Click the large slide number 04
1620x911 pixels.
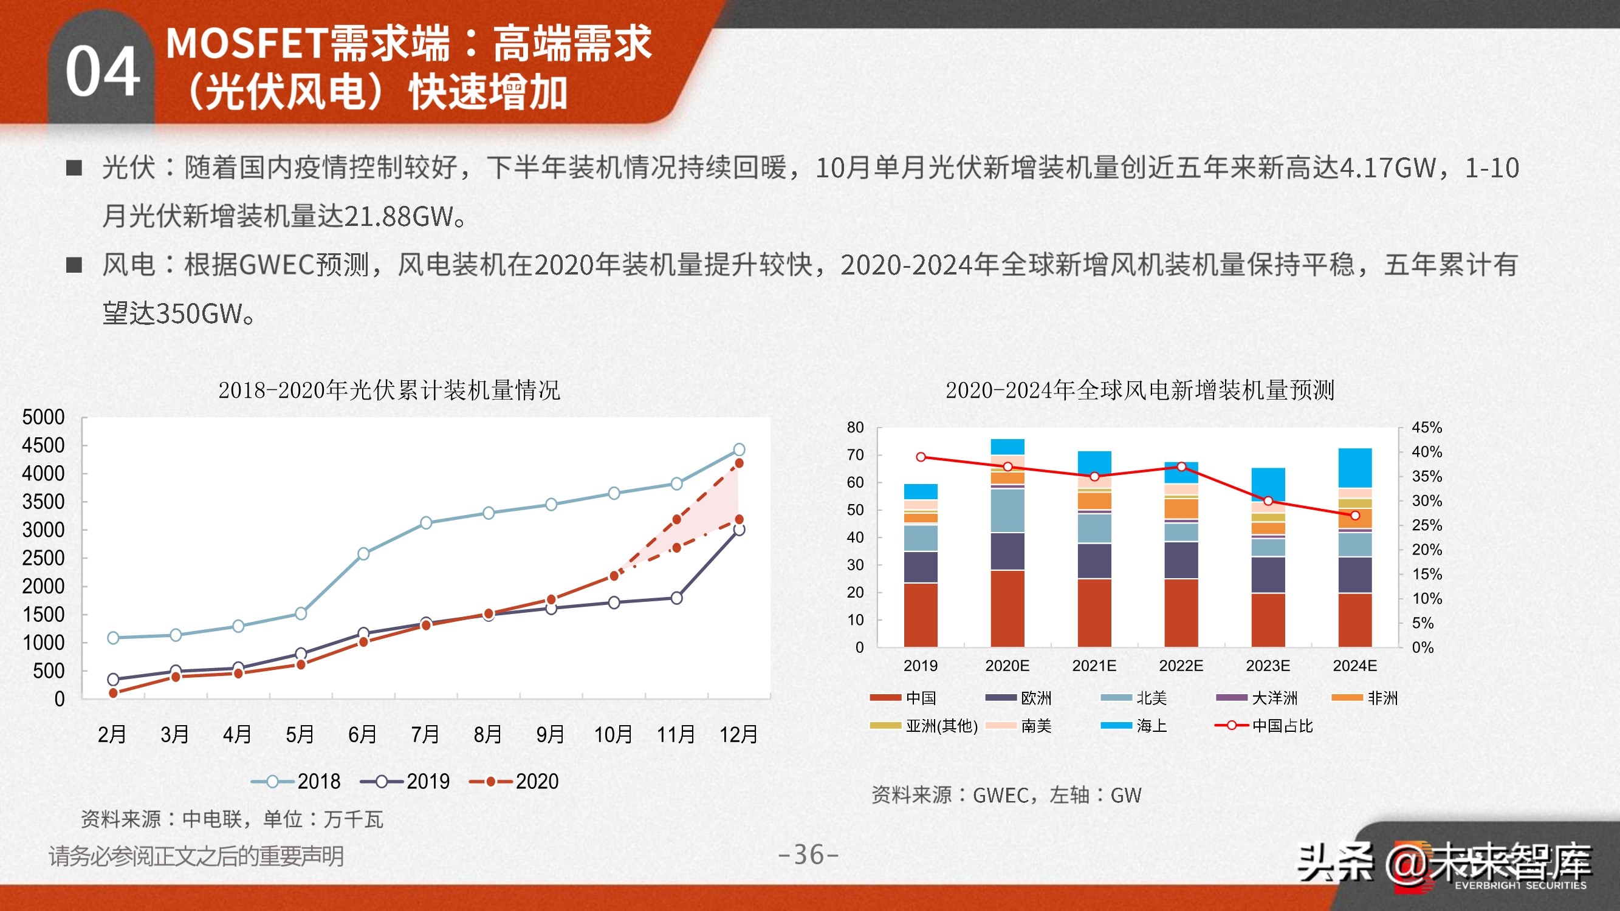pyautogui.click(x=103, y=72)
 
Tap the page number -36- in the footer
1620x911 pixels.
pyautogui.click(x=808, y=855)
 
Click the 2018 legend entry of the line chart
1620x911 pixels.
pyautogui.click(x=296, y=782)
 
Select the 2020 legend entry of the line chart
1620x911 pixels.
pyautogui.click(x=515, y=782)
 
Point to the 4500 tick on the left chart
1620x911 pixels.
pyautogui.click(x=43, y=446)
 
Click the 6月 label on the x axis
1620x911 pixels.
pyautogui.click(x=363, y=734)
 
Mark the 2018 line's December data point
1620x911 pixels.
pyautogui.click(x=739, y=449)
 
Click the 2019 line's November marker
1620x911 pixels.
pyautogui.click(x=677, y=598)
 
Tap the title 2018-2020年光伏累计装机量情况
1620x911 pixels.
pyautogui.click(x=389, y=391)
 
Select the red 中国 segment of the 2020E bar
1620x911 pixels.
pyautogui.click(x=1007, y=608)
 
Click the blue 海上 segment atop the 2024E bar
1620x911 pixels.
pyautogui.click(x=1354, y=467)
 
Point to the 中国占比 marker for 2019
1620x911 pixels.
pyautogui.click(x=921, y=457)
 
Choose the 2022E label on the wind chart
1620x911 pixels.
pyautogui.click(x=1181, y=666)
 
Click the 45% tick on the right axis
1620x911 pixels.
pyautogui.click(x=1426, y=428)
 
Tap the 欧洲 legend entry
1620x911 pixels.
pyautogui.click(x=1019, y=698)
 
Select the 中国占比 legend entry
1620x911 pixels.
pyautogui.click(x=1264, y=726)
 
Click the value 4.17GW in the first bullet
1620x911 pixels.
pyautogui.click(x=1387, y=168)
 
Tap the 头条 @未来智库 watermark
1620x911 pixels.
pyautogui.click(x=1444, y=863)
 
